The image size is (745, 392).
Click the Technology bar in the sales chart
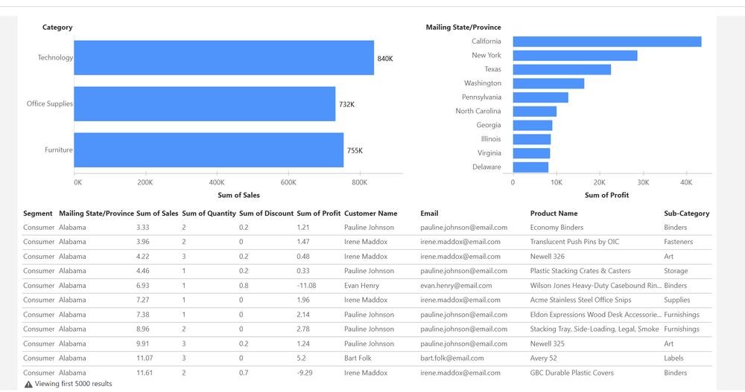[223, 58]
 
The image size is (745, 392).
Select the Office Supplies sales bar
[205, 104]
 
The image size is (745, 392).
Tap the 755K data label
[355, 151]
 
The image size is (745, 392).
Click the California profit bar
[606, 42]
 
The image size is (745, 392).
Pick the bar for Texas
[562, 69]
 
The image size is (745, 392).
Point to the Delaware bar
[530, 167]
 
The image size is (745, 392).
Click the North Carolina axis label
[478, 112]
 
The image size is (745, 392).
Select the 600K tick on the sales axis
[288, 182]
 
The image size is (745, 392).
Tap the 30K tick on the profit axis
[643, 182]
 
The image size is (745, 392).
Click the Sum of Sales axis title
[238, 195]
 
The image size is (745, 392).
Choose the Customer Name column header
[371, 213]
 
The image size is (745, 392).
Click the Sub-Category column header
[686, 213]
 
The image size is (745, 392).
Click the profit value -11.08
[306, 286]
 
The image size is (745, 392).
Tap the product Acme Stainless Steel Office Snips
[580, 301]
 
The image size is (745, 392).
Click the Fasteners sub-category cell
[678, 242]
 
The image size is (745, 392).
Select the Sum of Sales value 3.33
[143, 228]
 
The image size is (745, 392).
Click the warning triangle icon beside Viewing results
[28, 385]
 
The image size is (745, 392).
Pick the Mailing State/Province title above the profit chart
[463, 28]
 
